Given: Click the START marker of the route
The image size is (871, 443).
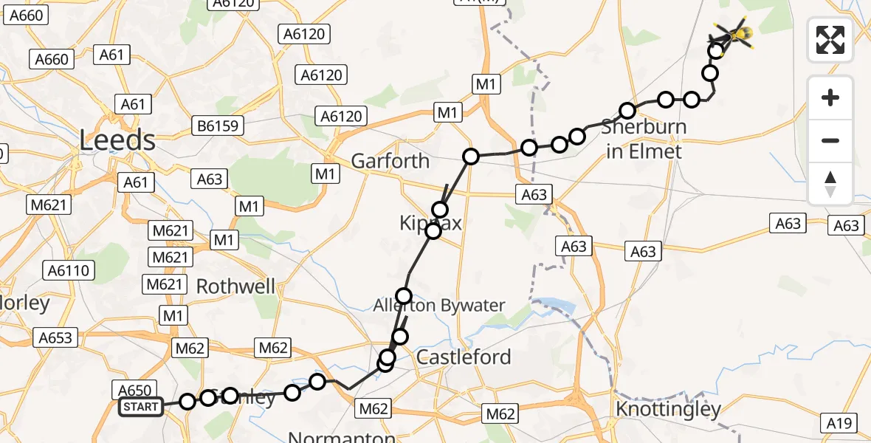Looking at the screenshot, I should click(141, 407).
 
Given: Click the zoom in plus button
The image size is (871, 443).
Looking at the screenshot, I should click(830, 98).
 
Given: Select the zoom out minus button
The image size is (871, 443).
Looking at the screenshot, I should click(830, 140).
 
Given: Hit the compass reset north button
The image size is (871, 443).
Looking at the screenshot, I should click(830, 184).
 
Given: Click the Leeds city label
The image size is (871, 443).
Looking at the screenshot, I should click(117, 140).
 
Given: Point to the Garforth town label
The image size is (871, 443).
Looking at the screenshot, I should click(390, 160).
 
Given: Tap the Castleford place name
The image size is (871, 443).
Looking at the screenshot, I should click(464, 357).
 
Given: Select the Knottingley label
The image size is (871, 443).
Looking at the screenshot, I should click(668, 408).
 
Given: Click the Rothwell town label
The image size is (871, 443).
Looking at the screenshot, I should click(236, 286).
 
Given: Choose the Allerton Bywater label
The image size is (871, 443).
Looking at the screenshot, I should click(439, 305).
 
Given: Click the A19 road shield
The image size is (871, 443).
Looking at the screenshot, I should click(840, 423).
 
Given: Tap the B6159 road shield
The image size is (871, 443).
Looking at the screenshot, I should click(218, 126).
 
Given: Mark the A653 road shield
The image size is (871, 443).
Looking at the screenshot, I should click(56, 337).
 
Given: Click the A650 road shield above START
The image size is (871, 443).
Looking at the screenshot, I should click(134, 390).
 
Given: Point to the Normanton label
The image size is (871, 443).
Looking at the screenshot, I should click(342, 437).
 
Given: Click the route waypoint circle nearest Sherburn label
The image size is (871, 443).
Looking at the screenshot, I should click(627, 111).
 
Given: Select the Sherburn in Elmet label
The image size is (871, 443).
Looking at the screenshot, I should click(644, 139).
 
